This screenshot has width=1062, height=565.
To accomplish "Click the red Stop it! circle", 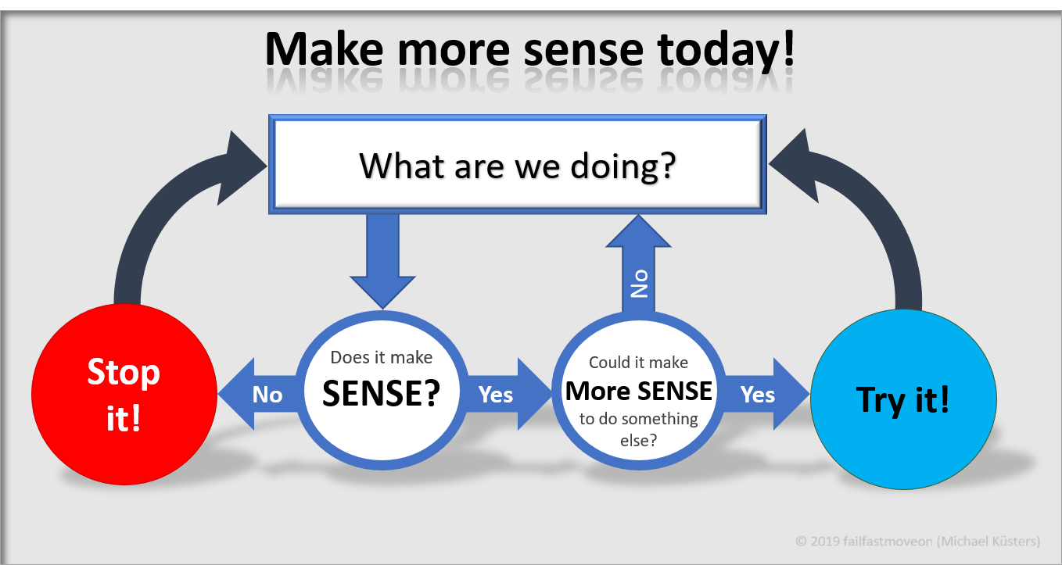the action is click(x=124, y=394).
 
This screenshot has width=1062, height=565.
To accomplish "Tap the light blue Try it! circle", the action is click(x=904, y=399).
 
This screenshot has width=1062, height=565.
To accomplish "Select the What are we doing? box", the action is click(x=517, y=164).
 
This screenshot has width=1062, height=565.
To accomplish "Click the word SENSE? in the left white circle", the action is click(x=381, y=393).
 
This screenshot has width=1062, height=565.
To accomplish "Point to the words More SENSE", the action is click(x=639, y=392).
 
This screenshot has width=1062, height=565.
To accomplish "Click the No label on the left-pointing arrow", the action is click(x=267, y=395).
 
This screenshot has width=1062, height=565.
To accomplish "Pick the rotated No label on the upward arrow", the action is click(x=639, y=284).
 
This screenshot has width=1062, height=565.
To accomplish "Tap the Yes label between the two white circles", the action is click(x=496, y=395).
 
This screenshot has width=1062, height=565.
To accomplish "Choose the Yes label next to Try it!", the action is click(x=758, y=395).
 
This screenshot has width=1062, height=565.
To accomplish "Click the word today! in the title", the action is click(x=726, y=50).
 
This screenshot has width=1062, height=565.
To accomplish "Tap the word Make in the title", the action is click(x=325, y=49).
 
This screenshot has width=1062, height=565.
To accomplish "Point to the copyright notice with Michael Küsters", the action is click(x=918, y=541).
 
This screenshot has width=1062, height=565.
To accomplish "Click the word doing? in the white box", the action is click(x=623, y=166).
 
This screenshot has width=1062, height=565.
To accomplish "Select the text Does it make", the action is click(x=381, y=357).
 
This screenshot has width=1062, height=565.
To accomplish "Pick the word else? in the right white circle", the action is click(x=639, y=441).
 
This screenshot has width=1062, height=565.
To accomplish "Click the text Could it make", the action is click(x=638, y=363).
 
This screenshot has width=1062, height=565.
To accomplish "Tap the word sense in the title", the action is click(x=583, y=51).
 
